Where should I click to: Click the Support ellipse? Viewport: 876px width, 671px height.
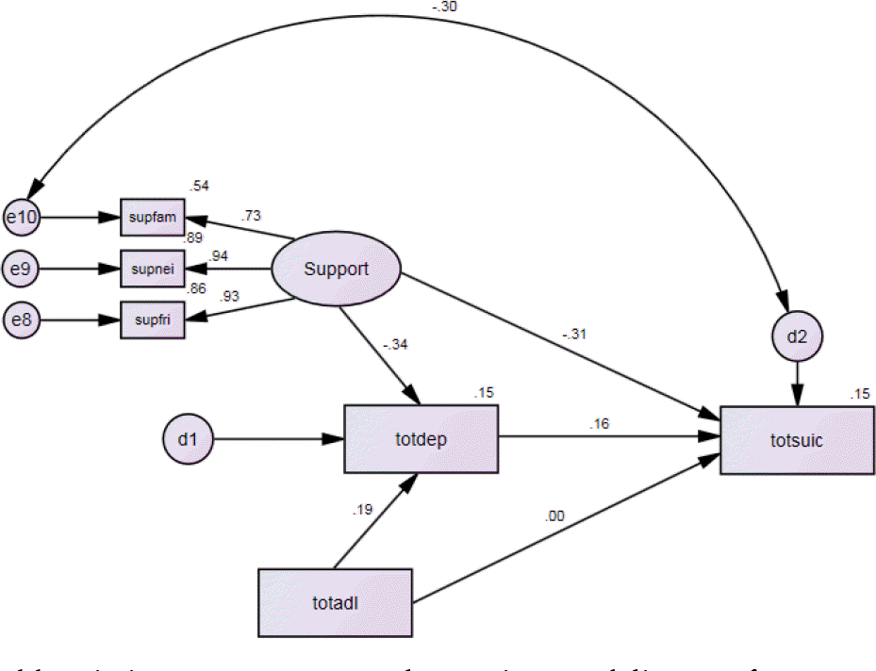coord(336,270)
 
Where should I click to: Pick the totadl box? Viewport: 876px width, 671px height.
coord(335,601)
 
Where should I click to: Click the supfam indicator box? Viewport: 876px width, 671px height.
coord(153,218)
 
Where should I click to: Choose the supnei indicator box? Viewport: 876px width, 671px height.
coord(153,269)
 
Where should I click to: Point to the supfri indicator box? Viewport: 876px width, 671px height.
coord(153,320)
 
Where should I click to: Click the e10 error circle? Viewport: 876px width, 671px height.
coord(21,218)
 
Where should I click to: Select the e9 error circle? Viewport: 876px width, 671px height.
coord(21,269)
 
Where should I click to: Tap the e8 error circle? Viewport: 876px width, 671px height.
coord(21,320)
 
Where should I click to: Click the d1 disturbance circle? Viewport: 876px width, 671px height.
coord(183,439)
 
